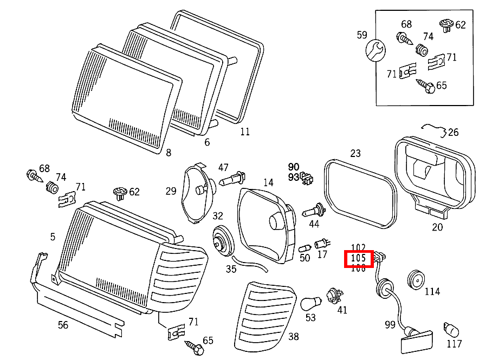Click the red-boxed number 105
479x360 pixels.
(359, 259)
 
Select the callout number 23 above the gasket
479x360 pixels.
(355, 153)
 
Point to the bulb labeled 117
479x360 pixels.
(451, 329)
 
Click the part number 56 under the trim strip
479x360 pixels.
(63, 325)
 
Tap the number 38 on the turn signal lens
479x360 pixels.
(293, 337)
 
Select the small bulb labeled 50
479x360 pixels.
(304, 248)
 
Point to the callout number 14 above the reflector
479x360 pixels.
(269, 182)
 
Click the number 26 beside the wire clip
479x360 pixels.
(453, 132)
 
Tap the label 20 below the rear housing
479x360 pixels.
(437, 227)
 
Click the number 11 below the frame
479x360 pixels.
(245, 131)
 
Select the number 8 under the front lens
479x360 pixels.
(169, 153)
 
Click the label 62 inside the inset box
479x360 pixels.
(461, 25)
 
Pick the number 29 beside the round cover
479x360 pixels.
(171, 191)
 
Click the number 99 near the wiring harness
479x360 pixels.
(390, 324)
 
